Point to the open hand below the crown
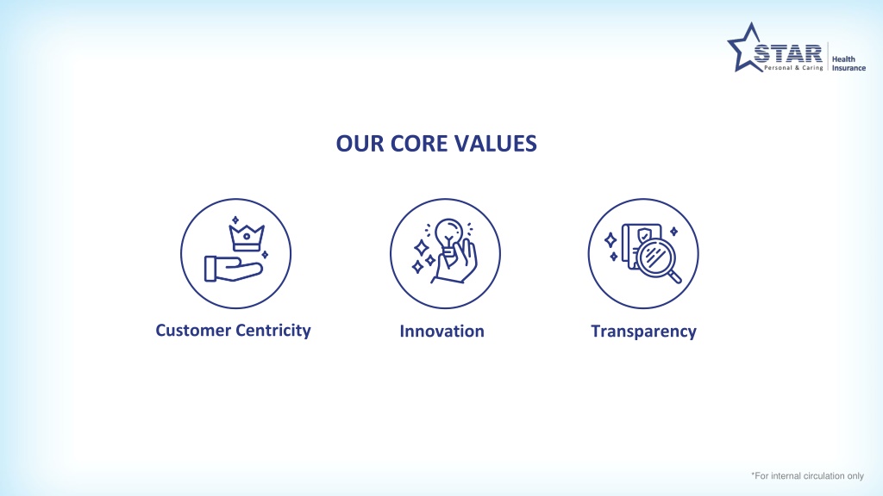[x=233, y=269]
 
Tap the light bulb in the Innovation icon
[x=448, y=236]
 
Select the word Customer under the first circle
[x=192, y=330]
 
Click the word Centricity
[x=272, y=331]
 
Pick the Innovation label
[x=442, y=332]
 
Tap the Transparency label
[x=643, y=332]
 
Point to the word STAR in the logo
[x=788, y=54]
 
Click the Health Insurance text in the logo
[x=849, y=64]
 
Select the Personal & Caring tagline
[x=793, y=68]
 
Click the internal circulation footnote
[x=807, y=475]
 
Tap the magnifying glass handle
[x=674, y=276]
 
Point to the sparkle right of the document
[x=673, y=231]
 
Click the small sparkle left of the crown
[x=235, y=220]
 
